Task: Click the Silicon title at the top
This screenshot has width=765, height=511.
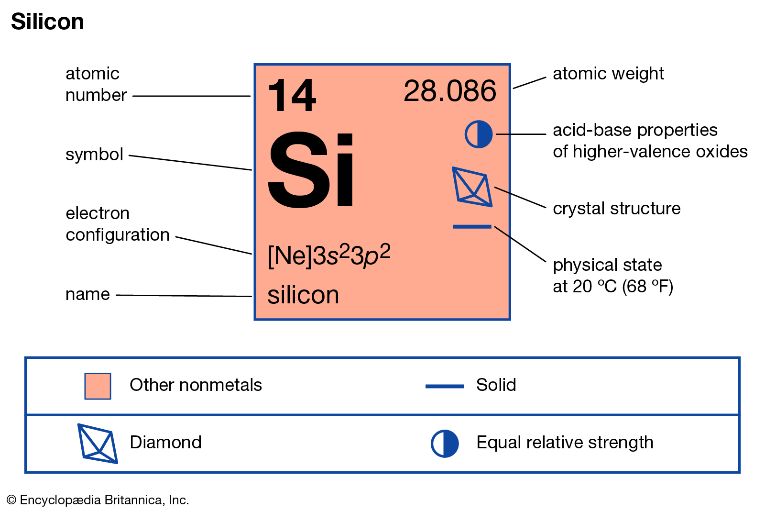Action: (x=47, y=22)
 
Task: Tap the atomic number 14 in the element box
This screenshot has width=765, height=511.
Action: (x=292, y=95)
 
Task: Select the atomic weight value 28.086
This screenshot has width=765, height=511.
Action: (x=450, y=91)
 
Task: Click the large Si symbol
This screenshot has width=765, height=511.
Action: (x=311, y=170)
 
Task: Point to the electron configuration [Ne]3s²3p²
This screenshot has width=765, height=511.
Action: (x=329, y=255)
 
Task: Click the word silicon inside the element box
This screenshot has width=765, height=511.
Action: (x=303, y=295)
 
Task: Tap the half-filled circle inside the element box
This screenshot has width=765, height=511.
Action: (x=479, y=134)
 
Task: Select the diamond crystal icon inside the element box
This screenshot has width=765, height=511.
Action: (x=472, y=187)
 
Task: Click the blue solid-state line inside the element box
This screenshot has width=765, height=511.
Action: (x=472, y=227)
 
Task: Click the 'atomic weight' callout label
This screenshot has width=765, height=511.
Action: (x=608, y=74)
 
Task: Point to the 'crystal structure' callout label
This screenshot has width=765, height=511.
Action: (x=616, y=208)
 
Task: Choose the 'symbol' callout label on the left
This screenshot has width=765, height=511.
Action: (x=94, y=155)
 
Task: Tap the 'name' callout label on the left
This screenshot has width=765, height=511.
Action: (x=88, y=294)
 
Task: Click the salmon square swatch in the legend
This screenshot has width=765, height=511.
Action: (x=98, y=386)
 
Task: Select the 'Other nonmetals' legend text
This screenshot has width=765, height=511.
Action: (x=196, y=385)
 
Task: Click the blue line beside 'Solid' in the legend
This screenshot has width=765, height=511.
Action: (x=445, y=386)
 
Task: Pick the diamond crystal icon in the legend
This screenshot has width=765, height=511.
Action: (x=98, y=444)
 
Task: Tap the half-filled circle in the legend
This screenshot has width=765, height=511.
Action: (x=445, y=444)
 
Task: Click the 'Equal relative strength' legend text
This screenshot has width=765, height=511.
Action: (x=565, y=443)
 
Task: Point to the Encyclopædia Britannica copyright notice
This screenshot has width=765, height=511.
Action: (x=98, y=500)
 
